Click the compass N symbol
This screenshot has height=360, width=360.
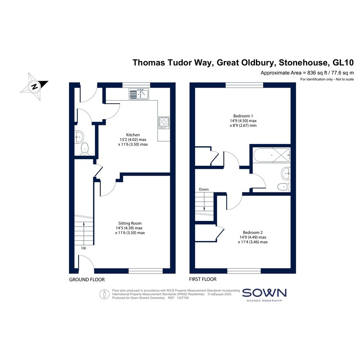click(34, 86)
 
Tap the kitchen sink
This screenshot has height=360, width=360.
click(139, 94)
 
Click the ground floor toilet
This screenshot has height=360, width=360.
click(85, 149)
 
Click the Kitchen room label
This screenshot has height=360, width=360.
click(133, 135)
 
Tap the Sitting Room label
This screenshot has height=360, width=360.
click(130, 223)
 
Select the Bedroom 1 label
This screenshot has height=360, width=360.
click(243, 116)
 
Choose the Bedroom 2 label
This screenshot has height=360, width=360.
click(253, 233)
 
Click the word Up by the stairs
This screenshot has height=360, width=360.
click(83, 248)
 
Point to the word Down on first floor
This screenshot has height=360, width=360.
click(204, 189)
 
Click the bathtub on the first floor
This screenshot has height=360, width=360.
click(271, 155)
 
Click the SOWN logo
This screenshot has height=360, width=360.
click(264, 295)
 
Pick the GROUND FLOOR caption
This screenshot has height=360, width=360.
click(87, 280)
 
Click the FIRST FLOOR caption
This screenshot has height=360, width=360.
click(203, 279)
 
